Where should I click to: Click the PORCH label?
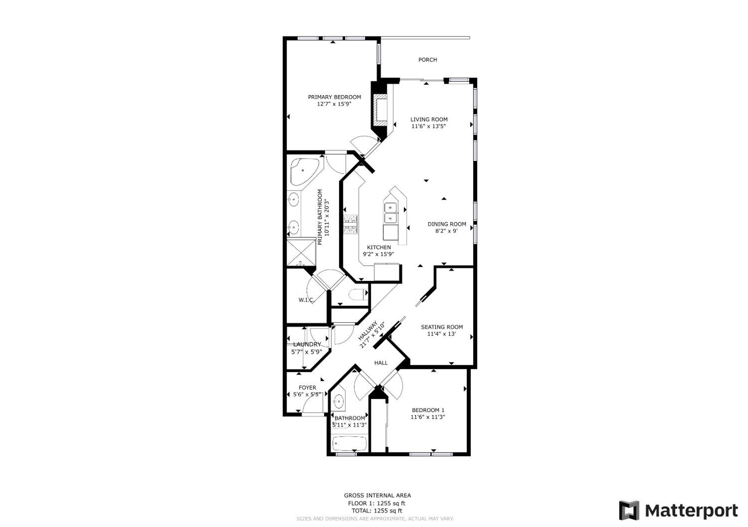[x=427, y=60]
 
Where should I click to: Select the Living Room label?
[x=429, y=119]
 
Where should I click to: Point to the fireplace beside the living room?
[x=380, y=110]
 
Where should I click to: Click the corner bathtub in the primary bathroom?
[x=304, y=172]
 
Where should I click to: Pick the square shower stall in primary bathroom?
[x=301, y=253]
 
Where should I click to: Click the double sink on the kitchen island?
[x=390, y=213]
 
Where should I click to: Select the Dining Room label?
[x=447, y=224]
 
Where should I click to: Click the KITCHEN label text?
[x=379, y=247]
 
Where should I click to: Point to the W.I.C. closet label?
[x=306, y=300]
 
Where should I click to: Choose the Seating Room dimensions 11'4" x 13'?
[x=442, y=334]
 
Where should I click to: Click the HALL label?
[x=381, y=363]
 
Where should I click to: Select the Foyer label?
[x=307, y=388]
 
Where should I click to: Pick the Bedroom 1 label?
[x=428, y=410]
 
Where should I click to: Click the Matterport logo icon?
[x=629, y=510]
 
